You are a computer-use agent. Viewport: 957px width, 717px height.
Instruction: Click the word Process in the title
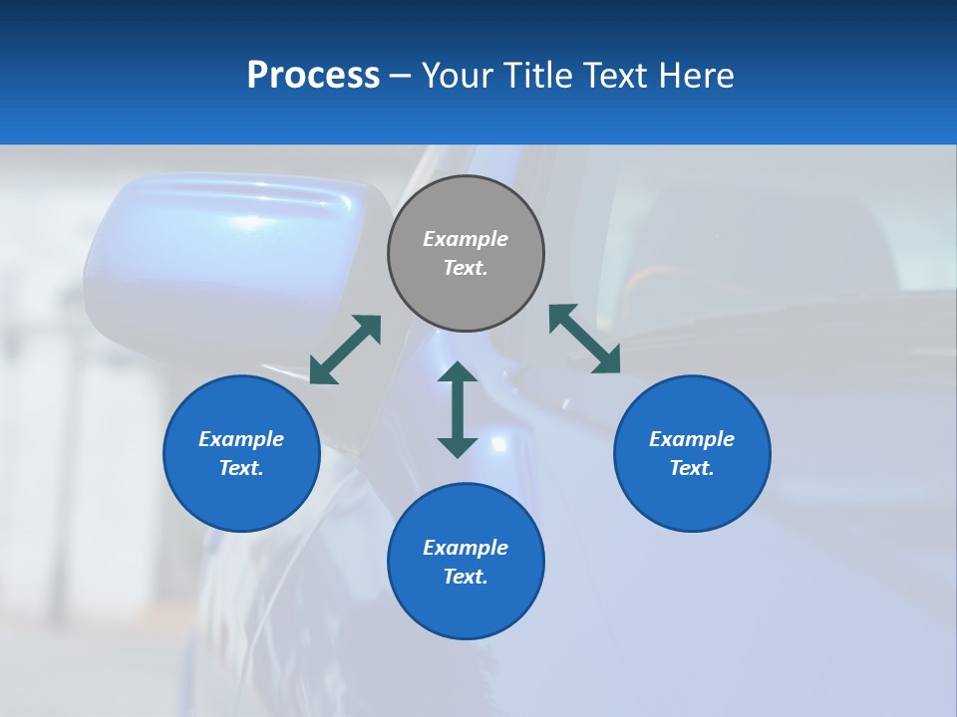[313, 76]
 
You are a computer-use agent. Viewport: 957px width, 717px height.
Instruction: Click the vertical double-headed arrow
[458, 409]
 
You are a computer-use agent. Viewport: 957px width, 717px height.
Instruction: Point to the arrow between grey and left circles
[345, 350]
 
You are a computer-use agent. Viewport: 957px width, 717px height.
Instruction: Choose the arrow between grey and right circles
[584, 339]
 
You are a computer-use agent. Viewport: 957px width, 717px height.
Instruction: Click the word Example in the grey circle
[466, 239]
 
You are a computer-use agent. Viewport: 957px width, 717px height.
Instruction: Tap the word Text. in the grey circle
[466, 268]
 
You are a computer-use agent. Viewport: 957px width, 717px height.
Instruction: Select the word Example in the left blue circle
[241, 439]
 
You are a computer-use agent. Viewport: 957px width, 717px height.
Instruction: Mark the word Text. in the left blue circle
[241, 468]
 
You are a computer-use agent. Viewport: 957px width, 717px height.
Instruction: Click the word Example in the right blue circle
[692, 439]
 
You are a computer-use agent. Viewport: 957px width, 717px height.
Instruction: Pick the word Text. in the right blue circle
[692, 468]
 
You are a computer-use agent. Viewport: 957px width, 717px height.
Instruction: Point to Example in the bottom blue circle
[466, 548]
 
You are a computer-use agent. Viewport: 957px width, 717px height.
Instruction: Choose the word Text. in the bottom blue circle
[466, 577]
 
